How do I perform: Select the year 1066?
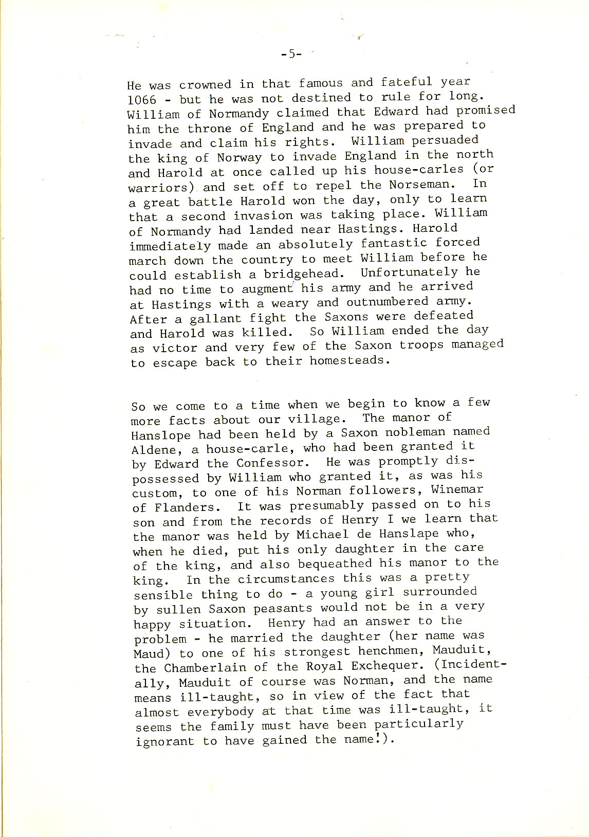[x=142, y=100]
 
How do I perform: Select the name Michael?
[x=323, y=534]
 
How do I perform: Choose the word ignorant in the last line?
[x=165, y=742]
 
